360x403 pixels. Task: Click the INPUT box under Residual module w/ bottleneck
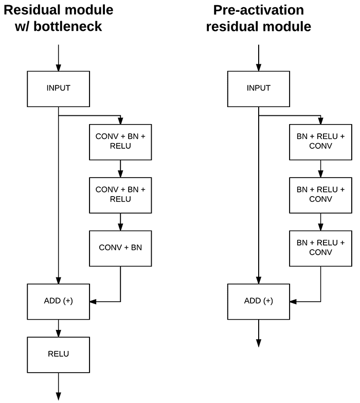click(58, 89)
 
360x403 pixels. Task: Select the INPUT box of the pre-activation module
click(259, 89)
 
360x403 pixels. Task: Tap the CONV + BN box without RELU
click(120, 249)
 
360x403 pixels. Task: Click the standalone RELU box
click(58, 355)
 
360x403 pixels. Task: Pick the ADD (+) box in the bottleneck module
click(58, 302)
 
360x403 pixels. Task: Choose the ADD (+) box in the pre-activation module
click(259, 302)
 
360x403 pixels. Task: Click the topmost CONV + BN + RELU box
click(120, 142)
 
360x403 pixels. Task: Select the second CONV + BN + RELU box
click(120, 196)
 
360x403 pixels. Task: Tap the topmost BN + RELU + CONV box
click(320, 142)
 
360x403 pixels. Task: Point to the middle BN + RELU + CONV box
click(320, 196)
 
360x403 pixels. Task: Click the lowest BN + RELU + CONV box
click(320, 249)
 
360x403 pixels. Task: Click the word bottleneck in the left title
click(67, 26)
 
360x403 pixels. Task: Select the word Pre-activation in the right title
click(259, 10)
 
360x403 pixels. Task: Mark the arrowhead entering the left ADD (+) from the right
click(93, 302)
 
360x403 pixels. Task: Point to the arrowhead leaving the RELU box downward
click(58, 396)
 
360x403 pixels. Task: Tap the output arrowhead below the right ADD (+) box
click(259, 343)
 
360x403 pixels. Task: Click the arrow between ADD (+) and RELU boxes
click(58, 328)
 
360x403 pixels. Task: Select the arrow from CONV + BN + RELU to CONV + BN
click(120, 222)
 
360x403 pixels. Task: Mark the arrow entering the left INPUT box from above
click(58, 58)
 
